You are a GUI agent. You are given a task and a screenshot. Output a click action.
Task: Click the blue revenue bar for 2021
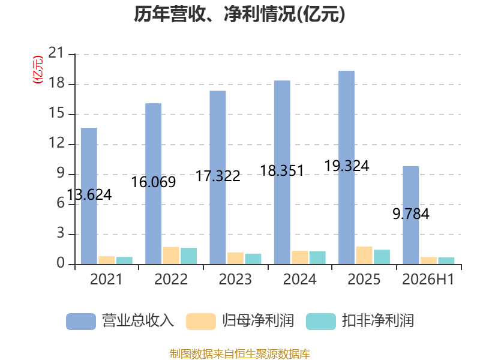(89, 196)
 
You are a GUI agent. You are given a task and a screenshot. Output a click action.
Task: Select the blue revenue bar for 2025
(347, 167)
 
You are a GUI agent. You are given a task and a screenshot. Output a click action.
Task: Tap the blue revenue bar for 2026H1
(411, 215)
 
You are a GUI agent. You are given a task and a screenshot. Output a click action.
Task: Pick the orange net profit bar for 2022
(171, 256)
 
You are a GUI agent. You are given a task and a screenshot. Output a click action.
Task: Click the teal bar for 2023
(253, 259)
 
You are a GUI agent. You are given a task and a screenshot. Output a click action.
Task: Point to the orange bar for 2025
(364, 256)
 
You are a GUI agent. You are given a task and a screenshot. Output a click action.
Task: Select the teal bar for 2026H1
(446, 261)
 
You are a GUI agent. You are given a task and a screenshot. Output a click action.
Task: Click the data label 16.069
(154, 182)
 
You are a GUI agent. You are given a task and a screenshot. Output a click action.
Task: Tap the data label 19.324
(347, 166)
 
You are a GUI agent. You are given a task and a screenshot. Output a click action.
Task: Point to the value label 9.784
(411, 214)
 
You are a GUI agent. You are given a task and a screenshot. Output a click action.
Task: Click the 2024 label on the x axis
(299, 279)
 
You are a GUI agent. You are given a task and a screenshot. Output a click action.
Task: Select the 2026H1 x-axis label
(428, 279)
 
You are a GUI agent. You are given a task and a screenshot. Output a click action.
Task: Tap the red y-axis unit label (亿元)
(38, 70)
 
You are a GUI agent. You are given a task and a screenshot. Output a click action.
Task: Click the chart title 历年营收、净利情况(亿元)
(239, 14)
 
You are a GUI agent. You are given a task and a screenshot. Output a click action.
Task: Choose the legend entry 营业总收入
(120, 321)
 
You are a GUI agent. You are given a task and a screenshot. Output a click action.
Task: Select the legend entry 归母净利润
(240, 321)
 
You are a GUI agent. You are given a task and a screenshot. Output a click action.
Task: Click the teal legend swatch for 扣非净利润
(321, 322)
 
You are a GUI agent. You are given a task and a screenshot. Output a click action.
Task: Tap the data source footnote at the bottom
(240, 353)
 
